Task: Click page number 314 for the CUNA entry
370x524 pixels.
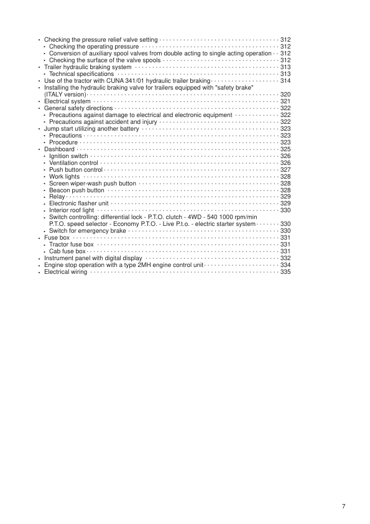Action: coord(286,81)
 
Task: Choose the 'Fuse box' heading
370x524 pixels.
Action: coord(57,238)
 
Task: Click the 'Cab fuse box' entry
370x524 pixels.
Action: coord(67,251)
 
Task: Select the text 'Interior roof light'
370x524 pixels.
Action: coord(72,211)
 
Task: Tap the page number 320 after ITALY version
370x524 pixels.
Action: coord(286,95)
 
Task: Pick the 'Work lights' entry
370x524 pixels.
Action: coord(65,177)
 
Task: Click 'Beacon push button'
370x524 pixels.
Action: coord(76,190)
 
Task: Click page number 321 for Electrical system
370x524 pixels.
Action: coord(286,101)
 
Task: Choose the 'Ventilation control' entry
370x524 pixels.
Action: coord(73,163)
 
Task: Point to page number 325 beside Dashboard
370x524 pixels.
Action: coord(286,149)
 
